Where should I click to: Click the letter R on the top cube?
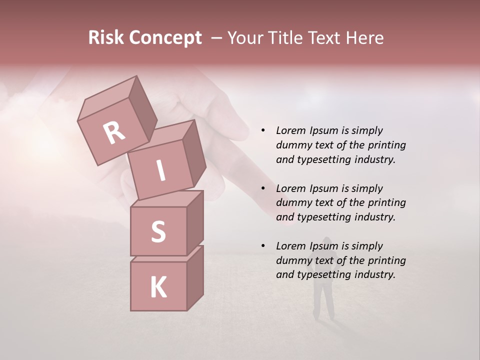coord(114,133)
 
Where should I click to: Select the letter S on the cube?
coord(158,231)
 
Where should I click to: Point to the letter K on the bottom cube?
coord(158,287)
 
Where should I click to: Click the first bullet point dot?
coord(263,131)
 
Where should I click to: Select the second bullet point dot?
coord(263,189)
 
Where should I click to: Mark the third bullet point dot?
coord(263,246)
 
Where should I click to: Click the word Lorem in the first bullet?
coord(290,131)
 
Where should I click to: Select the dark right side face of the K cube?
coord(195,279)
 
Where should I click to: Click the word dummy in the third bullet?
coord(293,260)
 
